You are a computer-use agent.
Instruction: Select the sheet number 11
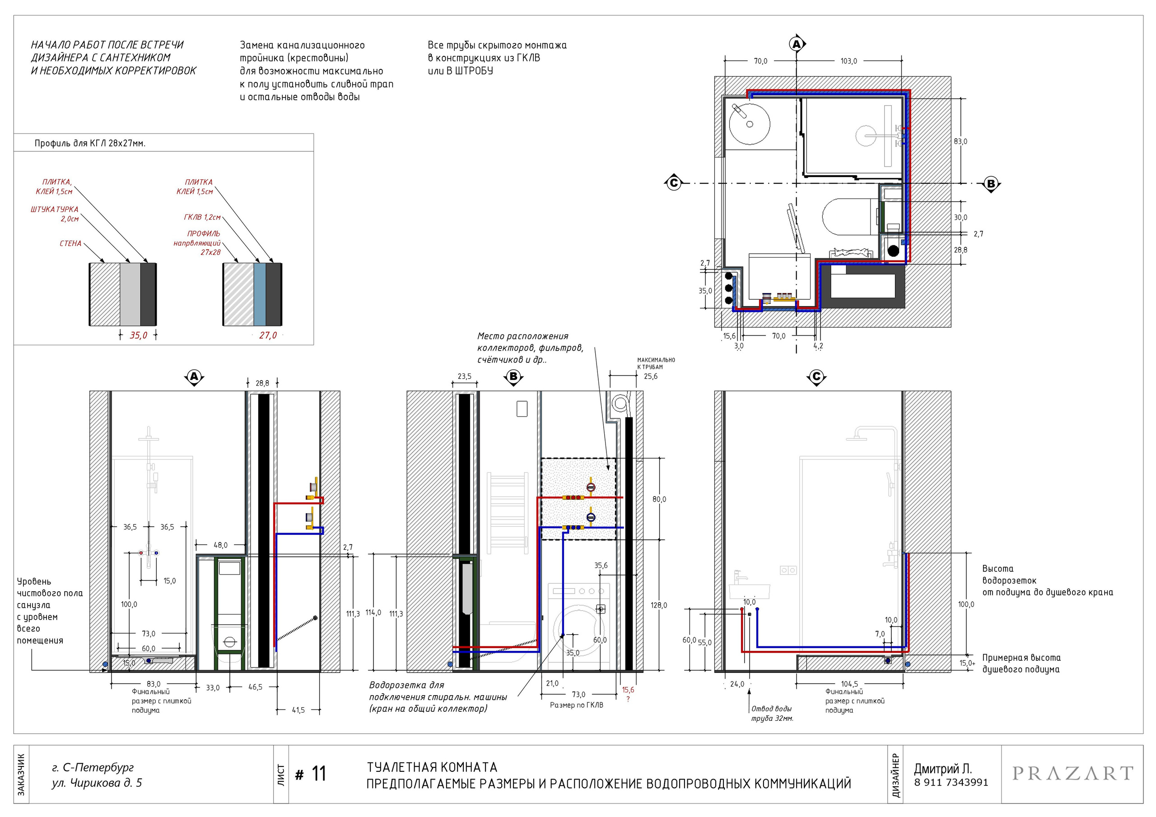(319, 774)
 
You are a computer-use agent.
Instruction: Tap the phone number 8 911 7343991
(951, 782)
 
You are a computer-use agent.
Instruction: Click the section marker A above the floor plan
(797, 44)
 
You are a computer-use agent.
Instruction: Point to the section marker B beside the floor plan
(991, 184)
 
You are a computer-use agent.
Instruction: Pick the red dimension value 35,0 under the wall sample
(139, 335)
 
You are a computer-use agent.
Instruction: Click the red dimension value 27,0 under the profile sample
(268, 335)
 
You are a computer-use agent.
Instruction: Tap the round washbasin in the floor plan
(750, 123)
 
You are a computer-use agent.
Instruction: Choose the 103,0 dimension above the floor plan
(848, 61)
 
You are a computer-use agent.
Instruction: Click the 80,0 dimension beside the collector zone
(659, 499)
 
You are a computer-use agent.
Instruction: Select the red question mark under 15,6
(628, 699)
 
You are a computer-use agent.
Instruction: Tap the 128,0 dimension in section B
(658, 605)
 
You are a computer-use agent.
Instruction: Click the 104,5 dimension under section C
(849, 683)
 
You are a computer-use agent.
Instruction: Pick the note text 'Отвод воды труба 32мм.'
(772, 713)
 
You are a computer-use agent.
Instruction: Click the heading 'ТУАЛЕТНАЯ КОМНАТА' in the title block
(432, 767)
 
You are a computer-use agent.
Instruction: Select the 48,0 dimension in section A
(220, 545)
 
